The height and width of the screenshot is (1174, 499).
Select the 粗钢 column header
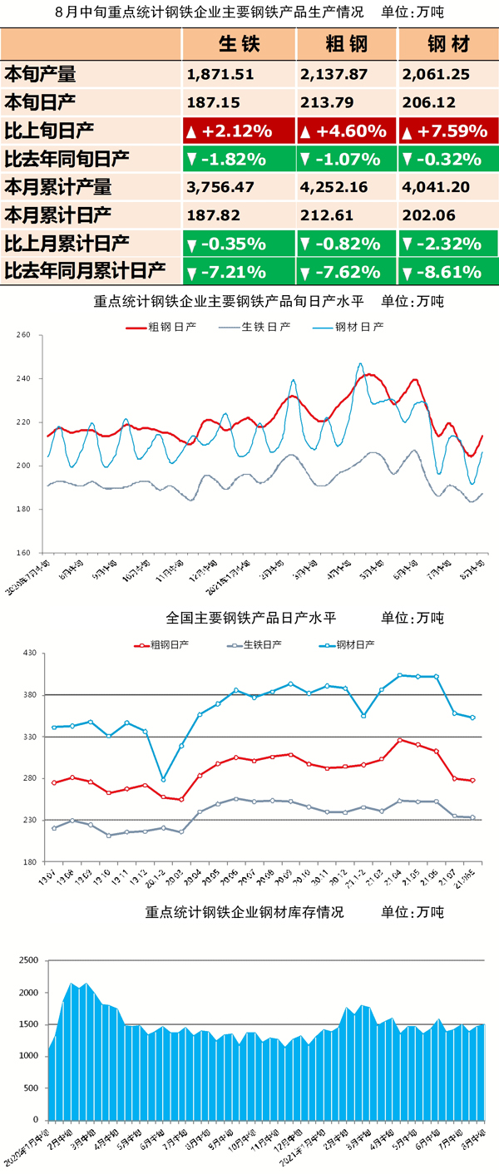pyautogui.click(x=345, y=44)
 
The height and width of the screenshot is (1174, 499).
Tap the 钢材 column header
pyautogui.click(x=447, y=44)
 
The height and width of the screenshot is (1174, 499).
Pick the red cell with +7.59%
pyautogui.click(x=448, y=131)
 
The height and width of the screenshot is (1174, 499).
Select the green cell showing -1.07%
pyautogui.click(x=345, y=159)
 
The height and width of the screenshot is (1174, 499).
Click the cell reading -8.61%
pyautogui.click(x=448, y=271)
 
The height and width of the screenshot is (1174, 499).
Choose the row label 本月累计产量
pyautogui.click(x=58, y=187)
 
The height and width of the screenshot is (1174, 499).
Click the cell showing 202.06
pyautogui.click(x=427, y=215)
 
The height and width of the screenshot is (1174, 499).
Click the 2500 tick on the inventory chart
pyautogui.click(x=27, y=961)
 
